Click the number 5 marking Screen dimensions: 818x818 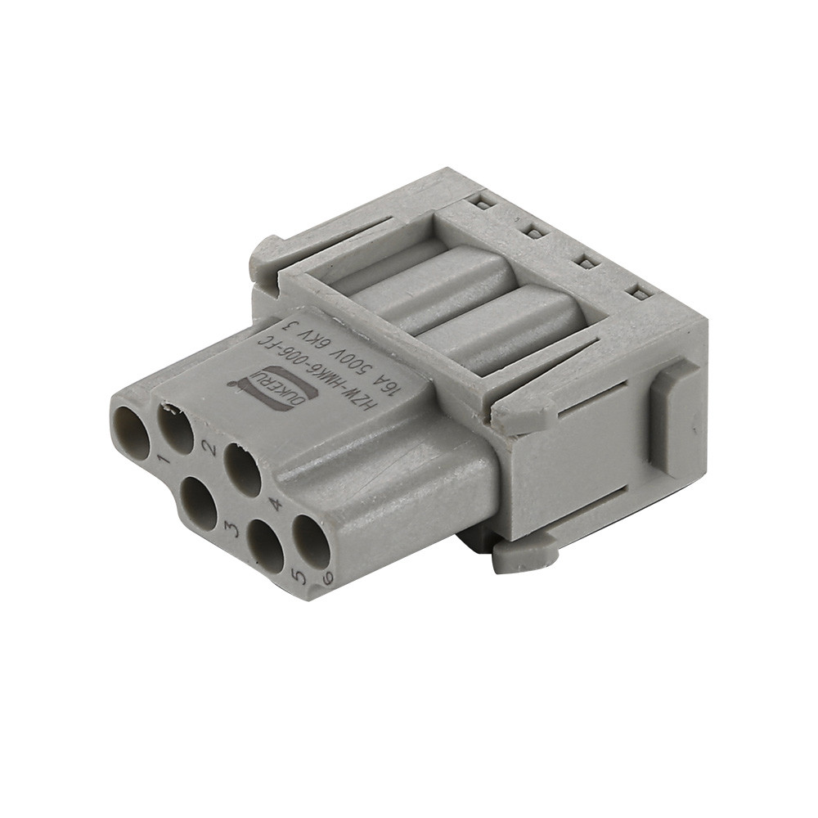[300, 575]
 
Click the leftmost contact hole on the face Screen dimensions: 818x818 [130, 431]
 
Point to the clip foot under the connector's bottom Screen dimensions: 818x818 [524, 555]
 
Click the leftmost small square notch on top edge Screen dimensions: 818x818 [483, 203]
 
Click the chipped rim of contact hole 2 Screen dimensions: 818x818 [170, 407]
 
